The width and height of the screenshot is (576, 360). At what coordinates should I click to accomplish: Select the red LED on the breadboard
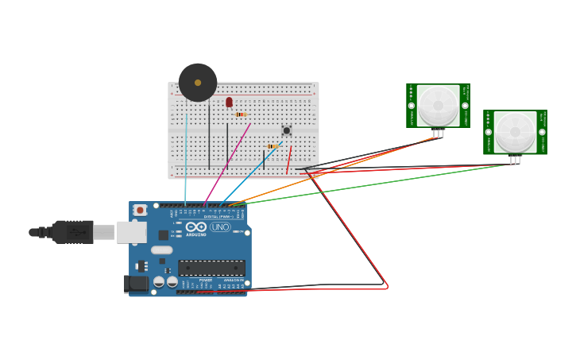[x=229, y=102]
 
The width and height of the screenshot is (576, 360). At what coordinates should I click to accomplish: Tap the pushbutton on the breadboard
[x=286, y=130]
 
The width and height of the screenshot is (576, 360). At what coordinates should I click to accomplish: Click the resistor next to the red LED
[x=241, y=114]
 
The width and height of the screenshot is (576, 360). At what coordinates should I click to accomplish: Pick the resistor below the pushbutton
[x=273, y=146]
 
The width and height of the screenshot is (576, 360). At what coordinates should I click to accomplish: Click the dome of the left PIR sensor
[x=438, y=105]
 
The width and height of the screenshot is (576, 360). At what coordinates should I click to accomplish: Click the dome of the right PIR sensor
[x=515, y=131]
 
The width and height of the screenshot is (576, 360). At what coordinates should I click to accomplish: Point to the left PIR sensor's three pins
[x=438, y=134]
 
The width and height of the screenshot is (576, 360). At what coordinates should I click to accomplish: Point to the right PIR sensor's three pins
[x=515, y=160]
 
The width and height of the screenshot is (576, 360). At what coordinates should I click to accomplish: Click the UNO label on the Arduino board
[x=220, y=227]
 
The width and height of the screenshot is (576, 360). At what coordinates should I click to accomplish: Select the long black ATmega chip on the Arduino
[x=211, y=268]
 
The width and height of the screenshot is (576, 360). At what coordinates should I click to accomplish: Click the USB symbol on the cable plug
[x=77, y=232]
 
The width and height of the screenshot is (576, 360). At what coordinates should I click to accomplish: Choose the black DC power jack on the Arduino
[x=137, y=283]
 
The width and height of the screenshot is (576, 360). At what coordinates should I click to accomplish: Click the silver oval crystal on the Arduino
[x=162, y=250]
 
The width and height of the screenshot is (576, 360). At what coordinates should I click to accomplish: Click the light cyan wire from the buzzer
[x=187, y=159]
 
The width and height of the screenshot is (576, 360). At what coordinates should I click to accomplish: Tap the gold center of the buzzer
[x=198, y=81]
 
